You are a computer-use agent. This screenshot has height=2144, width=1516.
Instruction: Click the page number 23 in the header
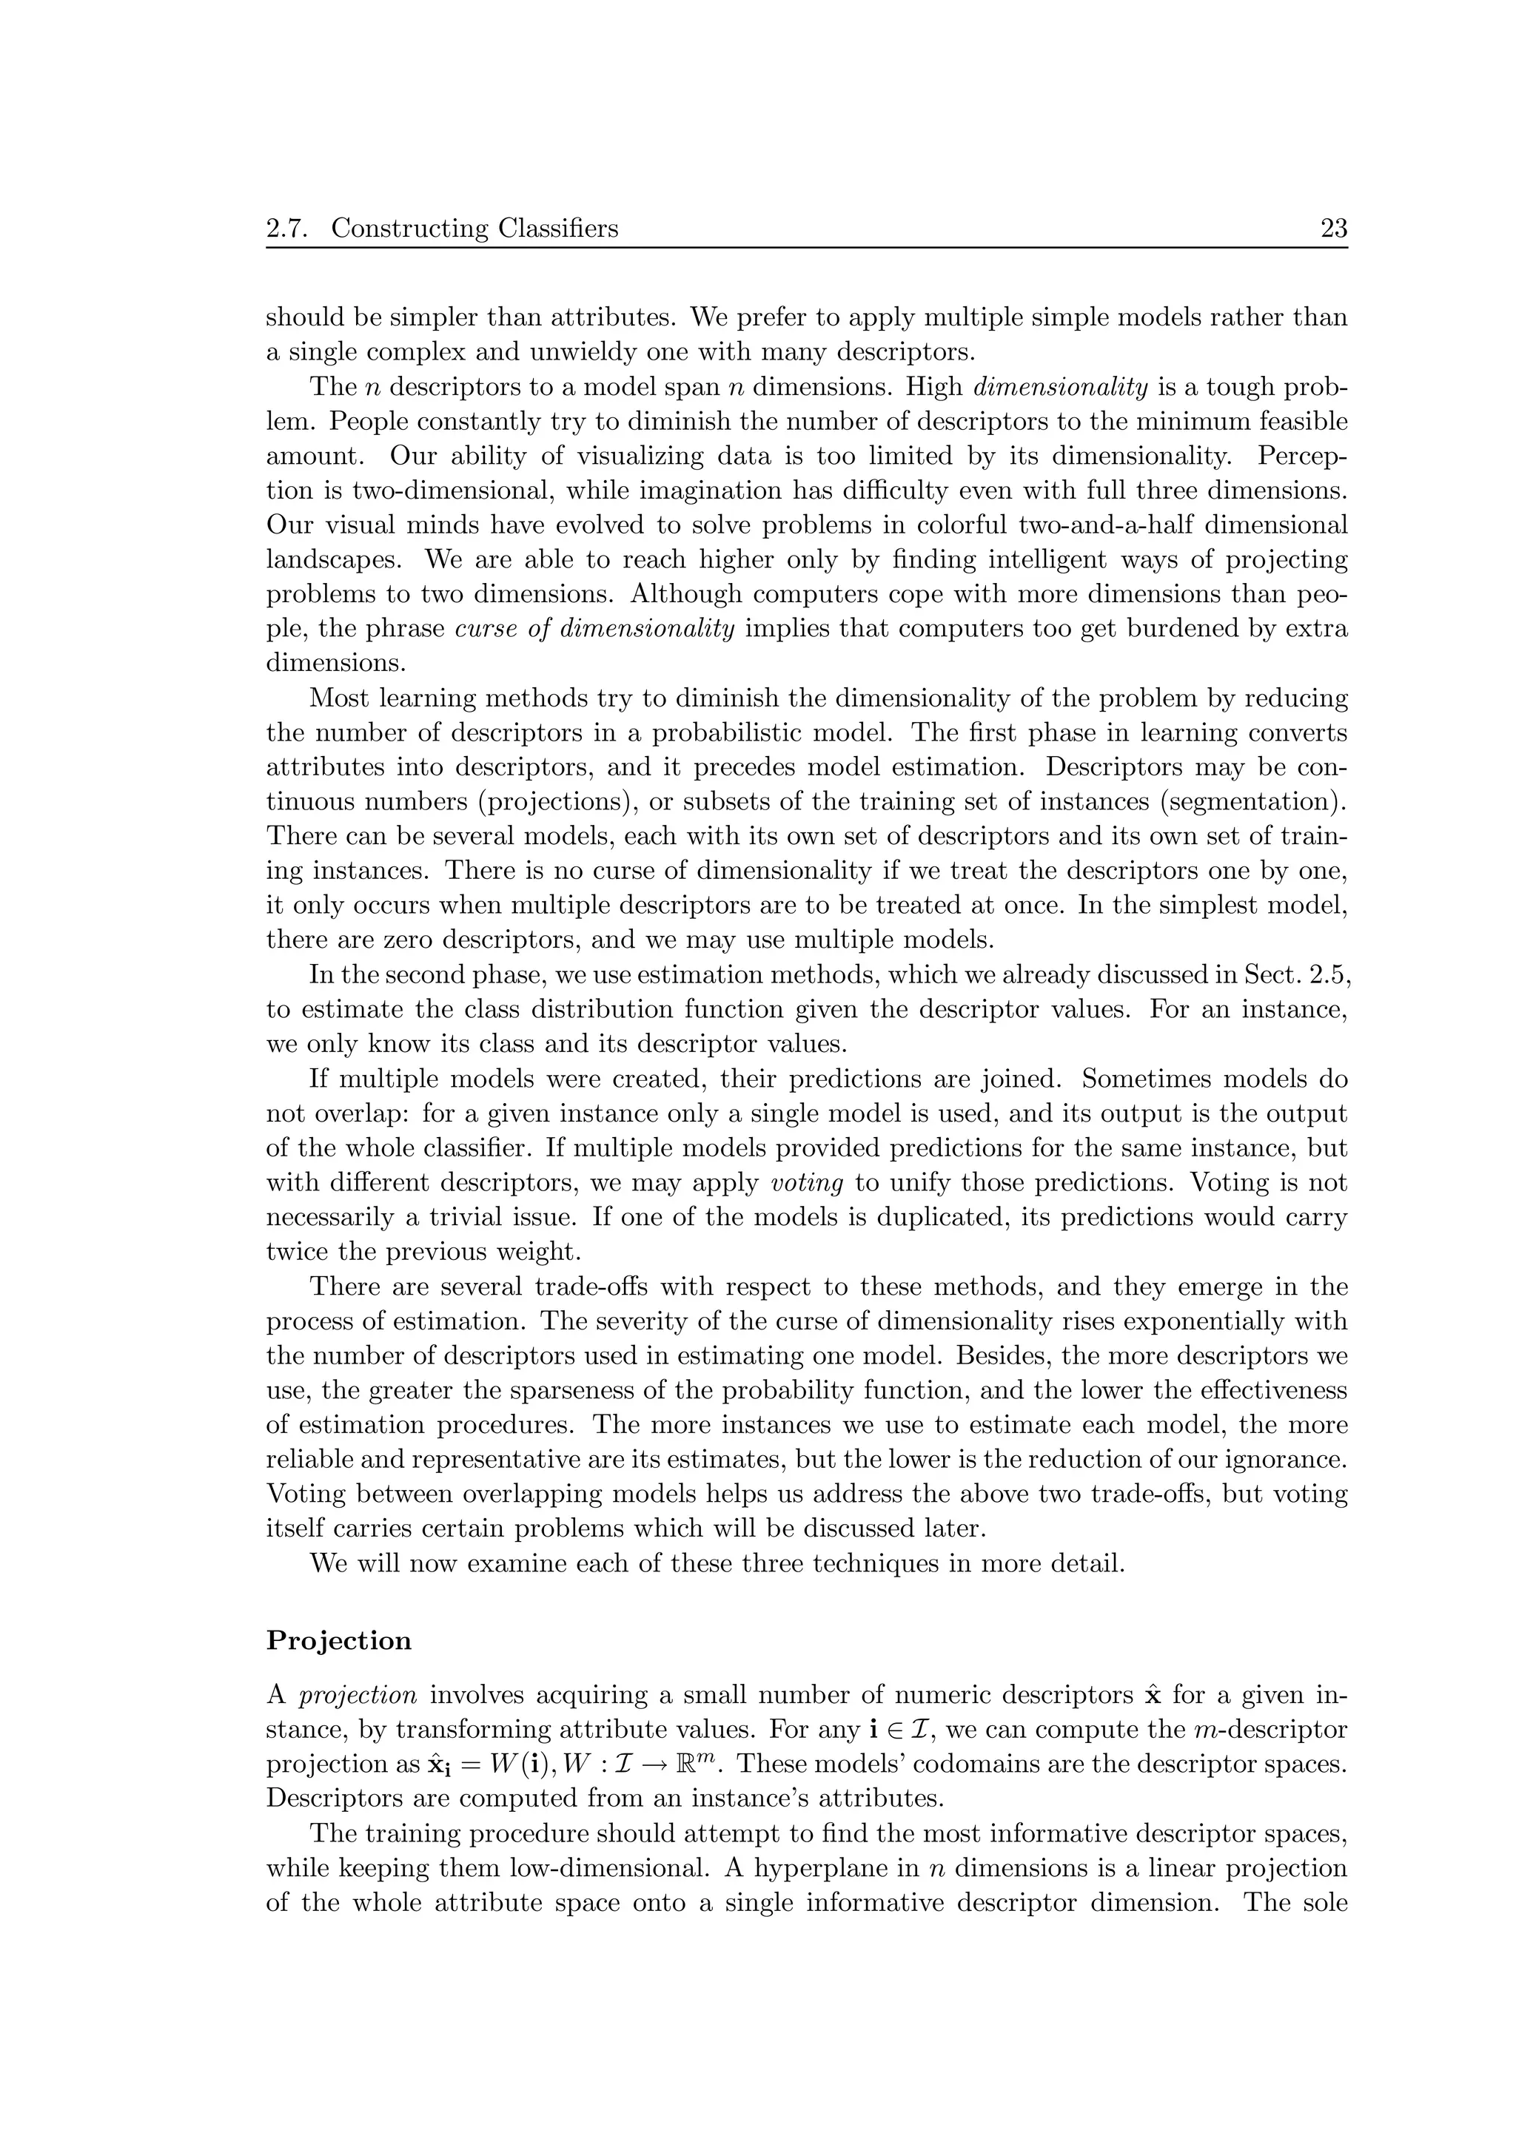pyautogui.click(x=1333, y=228)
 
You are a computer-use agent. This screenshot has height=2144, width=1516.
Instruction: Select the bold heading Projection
pyautogui.click(x=338, y=1642)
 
